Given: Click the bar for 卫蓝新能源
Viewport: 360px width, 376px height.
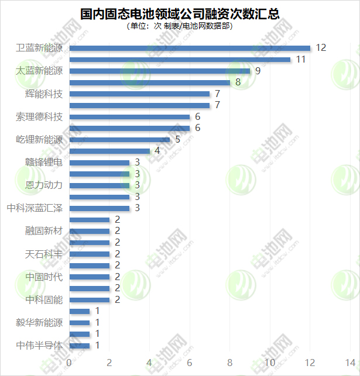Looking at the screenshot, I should tap(190, 48).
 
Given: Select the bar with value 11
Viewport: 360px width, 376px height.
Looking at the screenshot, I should tap(180, 60).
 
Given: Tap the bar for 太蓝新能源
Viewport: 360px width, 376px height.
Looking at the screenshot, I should tap(160, 71).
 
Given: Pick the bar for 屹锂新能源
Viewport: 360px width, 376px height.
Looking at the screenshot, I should tap(120, 139).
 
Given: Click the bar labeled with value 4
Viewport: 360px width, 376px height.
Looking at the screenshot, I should tap(110, 151).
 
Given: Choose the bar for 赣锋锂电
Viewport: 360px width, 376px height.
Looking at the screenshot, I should tap(100, 162).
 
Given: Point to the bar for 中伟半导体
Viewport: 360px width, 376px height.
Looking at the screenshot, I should tap(80, 345).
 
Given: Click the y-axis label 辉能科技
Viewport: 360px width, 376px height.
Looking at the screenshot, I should tap(44, 94).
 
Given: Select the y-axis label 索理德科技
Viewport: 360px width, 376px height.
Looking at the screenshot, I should tap(39, 116).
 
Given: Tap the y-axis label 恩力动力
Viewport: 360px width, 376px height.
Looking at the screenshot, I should tap(44, 185).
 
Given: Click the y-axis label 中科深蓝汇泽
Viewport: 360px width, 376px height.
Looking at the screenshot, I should tap(35, 208).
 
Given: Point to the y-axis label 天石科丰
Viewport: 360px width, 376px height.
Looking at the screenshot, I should tap(44, 254).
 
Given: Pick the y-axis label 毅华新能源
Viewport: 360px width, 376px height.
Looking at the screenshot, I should tap(39, 322).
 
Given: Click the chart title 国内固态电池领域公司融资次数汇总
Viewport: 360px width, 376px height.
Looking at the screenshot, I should tap(179, 13).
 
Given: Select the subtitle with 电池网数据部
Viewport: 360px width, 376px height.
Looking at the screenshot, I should tap(179, 26).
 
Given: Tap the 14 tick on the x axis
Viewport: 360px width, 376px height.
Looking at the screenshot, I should tap(351, 362).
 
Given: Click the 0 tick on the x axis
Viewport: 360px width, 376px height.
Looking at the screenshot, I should tap(70, 362).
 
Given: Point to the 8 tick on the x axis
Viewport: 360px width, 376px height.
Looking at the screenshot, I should tap(230, 362).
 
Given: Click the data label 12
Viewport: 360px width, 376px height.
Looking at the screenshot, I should tap(320, 48).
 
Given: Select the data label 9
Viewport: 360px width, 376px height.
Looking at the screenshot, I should tap(258, 71).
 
